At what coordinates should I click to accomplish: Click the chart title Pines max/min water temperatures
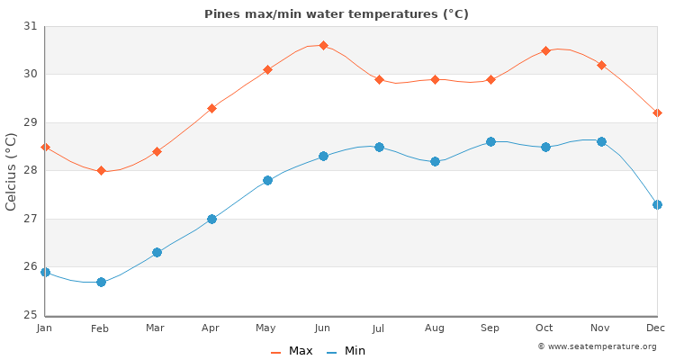[337, 14]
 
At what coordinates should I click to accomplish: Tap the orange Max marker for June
[323, 45]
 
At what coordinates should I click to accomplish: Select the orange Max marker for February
[101, 170]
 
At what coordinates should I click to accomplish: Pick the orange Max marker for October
[545, 50]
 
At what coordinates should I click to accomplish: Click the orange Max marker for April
[211, 108]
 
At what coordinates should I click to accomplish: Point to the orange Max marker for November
[601, 65]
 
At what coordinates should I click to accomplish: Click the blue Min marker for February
[101, 282]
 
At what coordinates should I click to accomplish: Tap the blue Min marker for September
[490, 141]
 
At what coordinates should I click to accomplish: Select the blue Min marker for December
[657, 204]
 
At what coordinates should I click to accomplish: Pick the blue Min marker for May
[267, 180]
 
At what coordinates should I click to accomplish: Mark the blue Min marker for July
[379, 147]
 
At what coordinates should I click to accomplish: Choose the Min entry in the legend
[346, 351]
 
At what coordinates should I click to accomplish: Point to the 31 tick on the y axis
[31, 26]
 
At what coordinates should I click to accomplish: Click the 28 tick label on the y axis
[31, 171]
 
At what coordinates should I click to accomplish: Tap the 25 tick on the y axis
[31, 315]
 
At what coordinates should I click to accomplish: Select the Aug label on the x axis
[435, 328]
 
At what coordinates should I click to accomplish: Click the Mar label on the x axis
[156, 328]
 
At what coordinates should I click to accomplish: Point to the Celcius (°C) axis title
[12, 171]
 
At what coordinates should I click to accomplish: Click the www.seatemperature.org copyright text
[598, 346]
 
